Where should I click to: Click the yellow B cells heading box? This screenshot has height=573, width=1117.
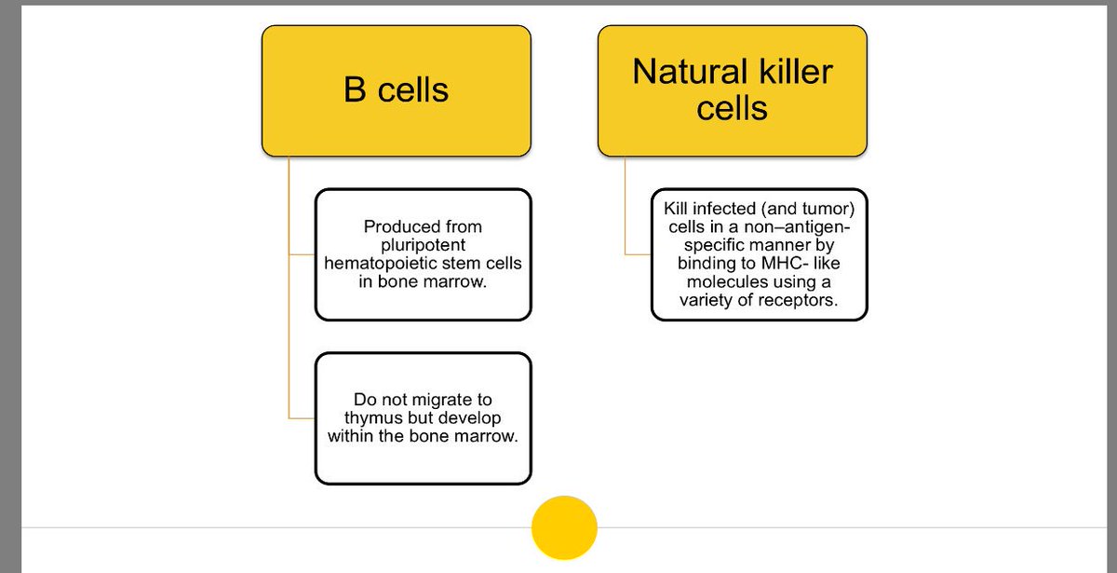(397, 89)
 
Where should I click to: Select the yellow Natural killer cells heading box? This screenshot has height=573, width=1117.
(732, 89)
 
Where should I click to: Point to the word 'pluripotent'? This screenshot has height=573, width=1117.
(423, 245)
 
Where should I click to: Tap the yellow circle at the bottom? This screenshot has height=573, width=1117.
(563, 527)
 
